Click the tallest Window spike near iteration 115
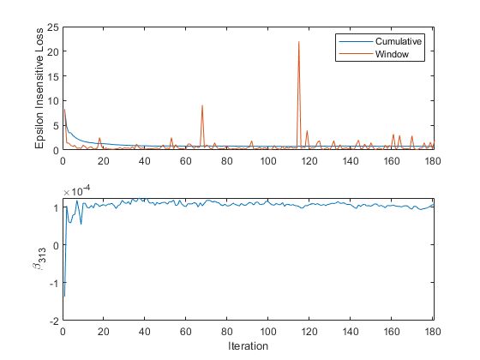tap(299, 42)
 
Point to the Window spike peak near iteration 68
tap(202, 105)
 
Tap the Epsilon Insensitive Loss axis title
tap(39, 88)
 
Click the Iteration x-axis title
tap(249, 346)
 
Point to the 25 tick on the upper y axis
tap(52, 27)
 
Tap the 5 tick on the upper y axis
tap(55, 126)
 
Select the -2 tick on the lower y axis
tap(54, 321)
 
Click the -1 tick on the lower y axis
tap(54, 283)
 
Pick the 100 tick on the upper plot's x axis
tap(268, 160)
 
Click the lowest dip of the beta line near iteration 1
tap(64, 297)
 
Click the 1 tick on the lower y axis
tap(55, 207)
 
